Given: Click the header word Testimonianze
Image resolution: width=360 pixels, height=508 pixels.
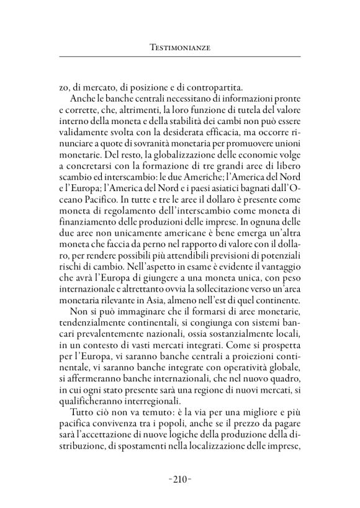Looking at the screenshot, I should click(x=180, y=47).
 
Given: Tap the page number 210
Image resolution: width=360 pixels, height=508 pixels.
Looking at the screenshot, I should click(x=180, y=479).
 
